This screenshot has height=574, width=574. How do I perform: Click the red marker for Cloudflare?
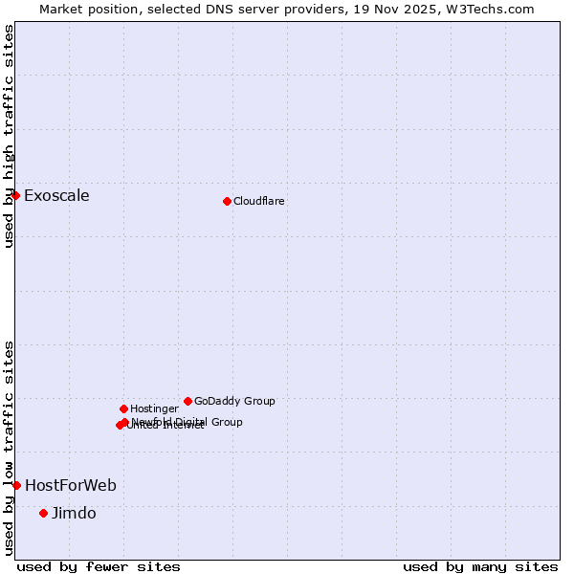(227, 201)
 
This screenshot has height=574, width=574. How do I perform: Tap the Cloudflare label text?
(259, 201)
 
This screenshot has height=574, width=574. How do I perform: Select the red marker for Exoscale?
(16, 195)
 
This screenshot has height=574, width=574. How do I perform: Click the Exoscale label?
(56, 196)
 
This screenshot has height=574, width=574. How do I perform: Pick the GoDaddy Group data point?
(188, 401)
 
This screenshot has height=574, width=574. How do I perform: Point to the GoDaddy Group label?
(234, 401)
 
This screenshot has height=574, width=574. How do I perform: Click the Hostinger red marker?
(123, 408)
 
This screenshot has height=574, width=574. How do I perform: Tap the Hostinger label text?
(154, 408)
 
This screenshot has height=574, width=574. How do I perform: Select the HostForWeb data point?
(16, 485)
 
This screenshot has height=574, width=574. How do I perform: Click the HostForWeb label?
(71, 486)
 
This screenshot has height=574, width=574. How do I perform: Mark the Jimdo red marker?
(43, 513)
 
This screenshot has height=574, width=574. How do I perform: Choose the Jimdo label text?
(74, 514)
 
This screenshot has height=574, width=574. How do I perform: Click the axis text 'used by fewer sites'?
(99, 566)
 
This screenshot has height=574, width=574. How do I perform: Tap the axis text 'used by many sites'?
(480, 566)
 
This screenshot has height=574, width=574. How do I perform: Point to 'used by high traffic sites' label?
(9, 136)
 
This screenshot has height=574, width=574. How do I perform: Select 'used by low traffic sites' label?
(9, 448)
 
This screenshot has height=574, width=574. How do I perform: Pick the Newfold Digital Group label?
(188, 422)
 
